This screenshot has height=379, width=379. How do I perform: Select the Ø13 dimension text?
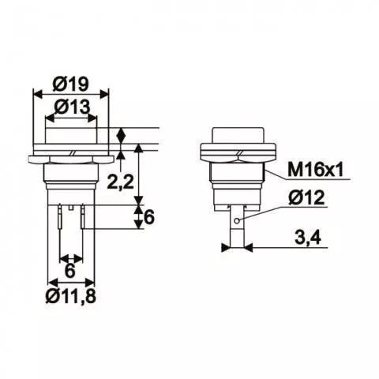point(72,105)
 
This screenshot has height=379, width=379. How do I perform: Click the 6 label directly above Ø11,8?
point(71,270)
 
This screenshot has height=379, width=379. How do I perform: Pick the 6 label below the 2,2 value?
point(148,219)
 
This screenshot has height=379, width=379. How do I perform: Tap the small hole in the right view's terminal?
point(235,218)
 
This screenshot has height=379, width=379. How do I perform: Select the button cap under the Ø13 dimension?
point(72,137)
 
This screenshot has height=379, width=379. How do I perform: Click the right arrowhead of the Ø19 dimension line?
point(108,92)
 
